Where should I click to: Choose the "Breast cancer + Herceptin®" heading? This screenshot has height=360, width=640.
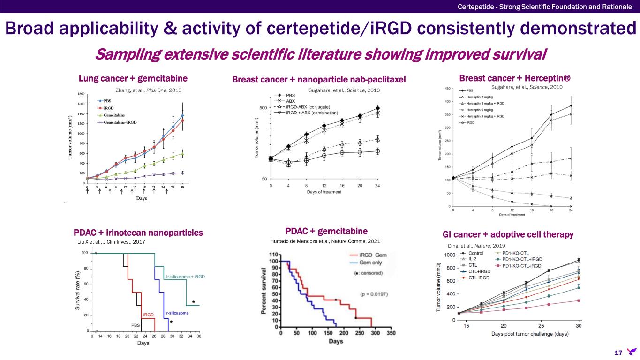pyautogui.click(x=516, y=78)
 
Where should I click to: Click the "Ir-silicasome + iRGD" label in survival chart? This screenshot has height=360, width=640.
pyautogui.click(x=185, y=277)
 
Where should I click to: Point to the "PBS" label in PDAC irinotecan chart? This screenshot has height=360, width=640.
pyautogui.click(x=135, y=324)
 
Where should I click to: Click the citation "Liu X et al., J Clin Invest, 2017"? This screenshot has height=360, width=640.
pyautogui.click(x=111, y=242)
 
